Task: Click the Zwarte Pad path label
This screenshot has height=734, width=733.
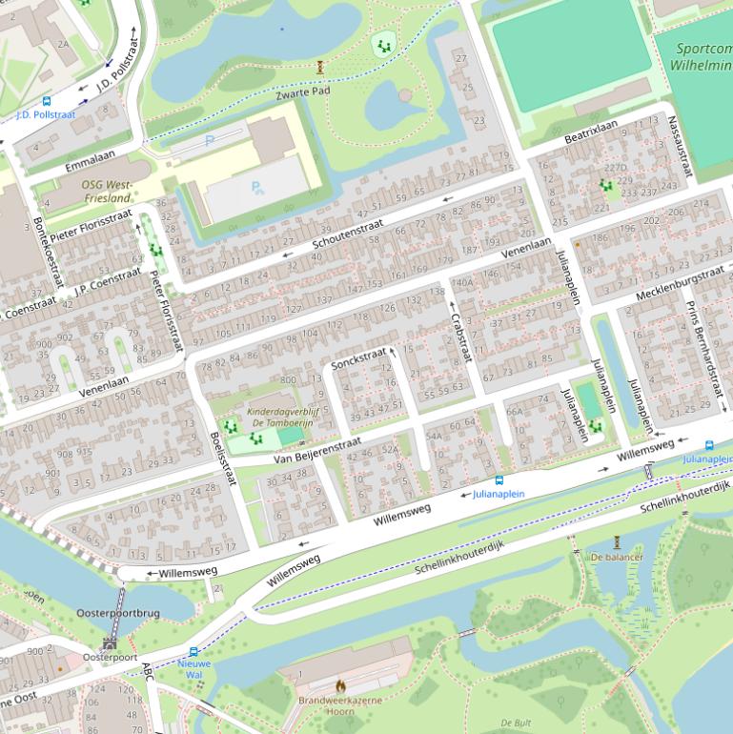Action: (302, 92)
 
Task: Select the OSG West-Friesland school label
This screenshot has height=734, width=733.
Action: (106, 191)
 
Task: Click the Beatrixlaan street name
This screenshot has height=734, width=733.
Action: (590, 132)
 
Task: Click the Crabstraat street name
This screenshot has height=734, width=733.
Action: (460, 338)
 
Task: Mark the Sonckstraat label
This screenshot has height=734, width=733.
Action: (358, 360)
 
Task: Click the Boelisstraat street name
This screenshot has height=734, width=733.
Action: (221, 459)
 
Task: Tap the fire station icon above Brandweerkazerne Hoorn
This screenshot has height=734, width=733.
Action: (339, 684)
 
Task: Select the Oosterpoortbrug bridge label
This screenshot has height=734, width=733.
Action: (118, 613)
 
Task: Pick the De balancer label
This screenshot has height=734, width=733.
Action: (616, 557)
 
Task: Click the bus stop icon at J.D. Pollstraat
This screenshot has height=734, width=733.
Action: (46, 101)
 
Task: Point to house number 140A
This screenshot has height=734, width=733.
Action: (461, 282)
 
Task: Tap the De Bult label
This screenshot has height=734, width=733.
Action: (516, 723)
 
